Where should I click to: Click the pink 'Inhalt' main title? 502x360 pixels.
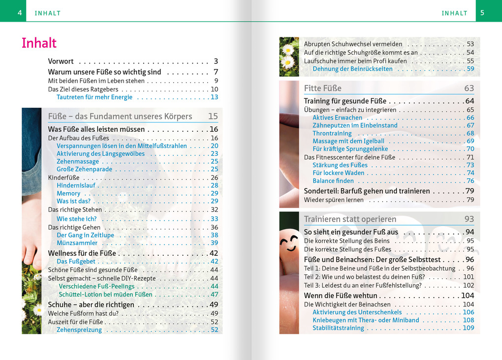(x=39, y=43)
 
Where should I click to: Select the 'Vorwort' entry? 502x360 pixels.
(x=61, y=61)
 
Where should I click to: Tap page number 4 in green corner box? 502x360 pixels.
(x=20, y=13)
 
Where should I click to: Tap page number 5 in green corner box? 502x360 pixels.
(x=482, y=13)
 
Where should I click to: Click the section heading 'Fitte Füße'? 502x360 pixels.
(x=322, y=89)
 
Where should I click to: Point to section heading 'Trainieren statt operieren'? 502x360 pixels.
(x=350, y=219)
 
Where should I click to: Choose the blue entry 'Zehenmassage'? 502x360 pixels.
(x=78, y=161)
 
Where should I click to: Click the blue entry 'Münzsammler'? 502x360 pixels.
(x=77, y=243)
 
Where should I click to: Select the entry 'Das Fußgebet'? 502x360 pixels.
(x=76, y=262)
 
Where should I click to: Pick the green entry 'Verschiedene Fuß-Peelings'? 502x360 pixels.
(x=96, y=286)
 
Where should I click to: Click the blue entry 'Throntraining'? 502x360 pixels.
(x=332, y=133)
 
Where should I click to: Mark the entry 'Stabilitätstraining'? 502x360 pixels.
(x=338, y=328)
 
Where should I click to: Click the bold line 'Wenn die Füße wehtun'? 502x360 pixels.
(x=341, y=296)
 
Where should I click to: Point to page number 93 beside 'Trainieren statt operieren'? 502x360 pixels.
(x=469, y=219)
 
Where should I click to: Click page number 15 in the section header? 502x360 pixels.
(x=213, y=117)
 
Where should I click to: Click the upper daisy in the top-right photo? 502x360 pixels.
(x=288, y=49)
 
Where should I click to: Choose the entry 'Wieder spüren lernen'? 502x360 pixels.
(x=334, y=200)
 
